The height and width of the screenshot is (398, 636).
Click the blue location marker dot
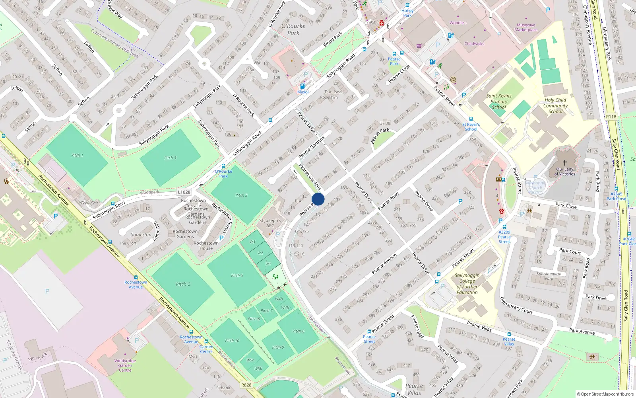[318, 199]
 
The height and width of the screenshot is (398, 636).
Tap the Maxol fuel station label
[303, 92]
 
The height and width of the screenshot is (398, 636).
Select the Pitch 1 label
[77, 155]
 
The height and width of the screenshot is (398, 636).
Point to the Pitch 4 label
[170, 158]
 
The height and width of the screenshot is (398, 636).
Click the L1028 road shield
[184, 192]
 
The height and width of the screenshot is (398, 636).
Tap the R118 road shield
[611, 117]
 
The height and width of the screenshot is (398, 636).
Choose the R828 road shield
[246, 385]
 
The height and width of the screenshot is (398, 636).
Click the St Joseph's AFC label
[270, 223]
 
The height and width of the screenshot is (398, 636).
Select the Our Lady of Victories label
[565, 172]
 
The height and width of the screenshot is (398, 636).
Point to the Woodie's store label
[458, 23]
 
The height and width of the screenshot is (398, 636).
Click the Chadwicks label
[474, 44]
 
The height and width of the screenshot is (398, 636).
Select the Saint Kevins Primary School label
[499, 101]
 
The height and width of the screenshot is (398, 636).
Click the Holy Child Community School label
[555, 106]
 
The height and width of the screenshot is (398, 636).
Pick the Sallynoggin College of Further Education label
[467, 284]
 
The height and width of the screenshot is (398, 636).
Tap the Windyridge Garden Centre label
[125, 365]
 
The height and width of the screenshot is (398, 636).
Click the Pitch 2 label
[183, 284]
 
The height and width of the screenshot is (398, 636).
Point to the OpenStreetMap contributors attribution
[605, 394]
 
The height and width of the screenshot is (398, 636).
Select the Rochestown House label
[206, 246]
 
